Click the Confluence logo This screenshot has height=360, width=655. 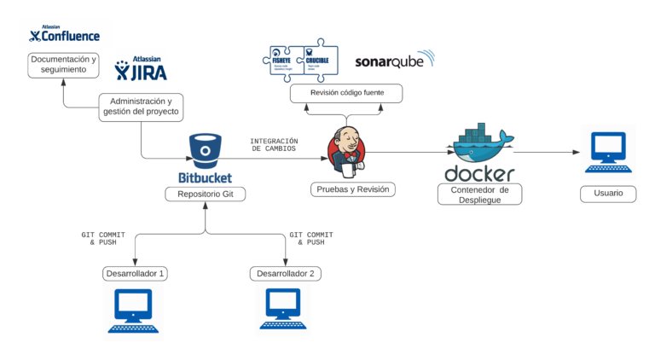click(x=64, y=34)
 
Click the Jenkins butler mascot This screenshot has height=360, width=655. click(x=347, y=149)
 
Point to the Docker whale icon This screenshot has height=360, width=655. click(x=480, y=143)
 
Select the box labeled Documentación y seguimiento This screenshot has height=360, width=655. click(x=63, y=65)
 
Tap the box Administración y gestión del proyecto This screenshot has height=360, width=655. click(x=141, y=106)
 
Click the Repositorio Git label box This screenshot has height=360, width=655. click(x=205, y=195)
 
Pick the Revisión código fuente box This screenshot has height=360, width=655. click(x=345, y=91)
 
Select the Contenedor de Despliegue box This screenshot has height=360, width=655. click(x=479, y=195)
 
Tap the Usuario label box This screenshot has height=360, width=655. click(x=608, y=194)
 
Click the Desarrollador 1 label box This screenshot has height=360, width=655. click(x=134, y=274)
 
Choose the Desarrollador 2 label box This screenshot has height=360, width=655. click(x=286, y=274)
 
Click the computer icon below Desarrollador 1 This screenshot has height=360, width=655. click(x=133, y=311)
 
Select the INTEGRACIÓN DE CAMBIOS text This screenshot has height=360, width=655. click(x=274, y=144)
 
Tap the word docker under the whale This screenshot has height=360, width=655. click(x=479, y=173)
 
